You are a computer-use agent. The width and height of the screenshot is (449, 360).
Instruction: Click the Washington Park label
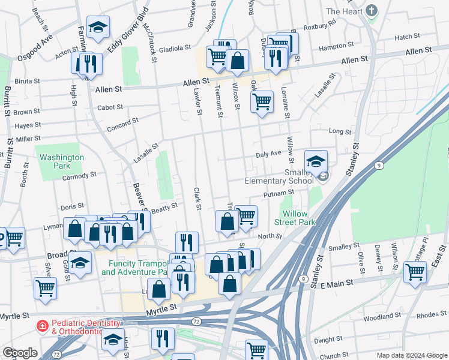(62, 161)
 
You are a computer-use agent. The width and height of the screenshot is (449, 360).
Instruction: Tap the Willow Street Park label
(298, 217)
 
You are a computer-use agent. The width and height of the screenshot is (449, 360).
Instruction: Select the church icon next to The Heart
(372, 11)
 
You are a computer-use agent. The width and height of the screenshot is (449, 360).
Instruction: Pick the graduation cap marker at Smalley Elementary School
(316, 161)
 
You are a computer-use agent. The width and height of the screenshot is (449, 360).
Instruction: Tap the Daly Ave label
(268, 154)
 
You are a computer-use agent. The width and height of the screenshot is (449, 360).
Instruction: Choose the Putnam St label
(279, 194)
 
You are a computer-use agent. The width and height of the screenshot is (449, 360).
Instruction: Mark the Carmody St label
(79, 176)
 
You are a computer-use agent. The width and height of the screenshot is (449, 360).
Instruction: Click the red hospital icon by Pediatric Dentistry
(43, 326)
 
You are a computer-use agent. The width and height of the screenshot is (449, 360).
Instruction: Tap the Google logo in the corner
(20, 353)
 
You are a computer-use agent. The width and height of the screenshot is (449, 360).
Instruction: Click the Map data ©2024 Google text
(411, 355)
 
